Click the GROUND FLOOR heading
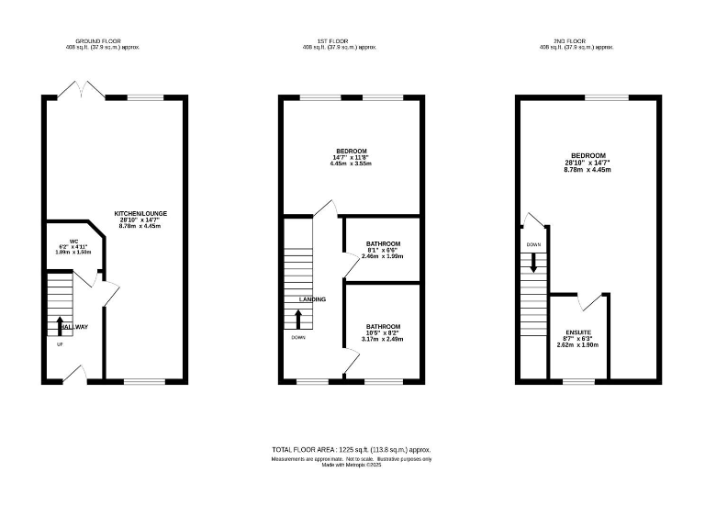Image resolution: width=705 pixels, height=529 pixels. coord(98,41)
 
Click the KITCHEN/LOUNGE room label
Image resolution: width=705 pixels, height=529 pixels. coord(140,213)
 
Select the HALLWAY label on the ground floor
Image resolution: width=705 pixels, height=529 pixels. coord(73,327)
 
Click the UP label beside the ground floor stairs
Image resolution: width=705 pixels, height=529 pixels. coord(61,345)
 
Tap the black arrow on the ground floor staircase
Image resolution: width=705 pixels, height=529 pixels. coord(61,323)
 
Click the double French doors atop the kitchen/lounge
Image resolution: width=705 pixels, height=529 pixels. coord(81,89)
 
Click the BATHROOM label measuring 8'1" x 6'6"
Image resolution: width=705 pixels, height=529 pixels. coord(383,244)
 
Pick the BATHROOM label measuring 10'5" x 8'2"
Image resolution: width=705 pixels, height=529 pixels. coord(383,327)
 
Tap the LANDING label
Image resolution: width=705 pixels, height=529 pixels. coord(312,299)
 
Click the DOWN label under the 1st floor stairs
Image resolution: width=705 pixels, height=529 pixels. coord(298,337)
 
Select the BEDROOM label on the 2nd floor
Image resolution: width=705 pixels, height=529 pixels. coord(587,156)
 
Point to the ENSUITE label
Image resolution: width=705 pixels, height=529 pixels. coord(578,332)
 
